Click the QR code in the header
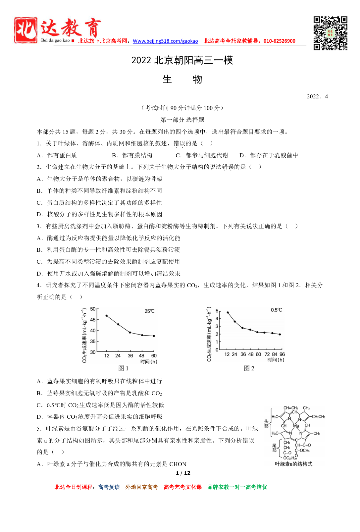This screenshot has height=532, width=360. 330,33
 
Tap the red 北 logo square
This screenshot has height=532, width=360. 26,30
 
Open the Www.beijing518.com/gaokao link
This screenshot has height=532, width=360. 165,41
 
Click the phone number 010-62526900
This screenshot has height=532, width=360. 279,41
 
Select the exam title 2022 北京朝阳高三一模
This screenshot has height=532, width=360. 182,60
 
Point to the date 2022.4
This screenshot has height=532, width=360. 317,96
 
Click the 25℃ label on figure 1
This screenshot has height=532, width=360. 149,311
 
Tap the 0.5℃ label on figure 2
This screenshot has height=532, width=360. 276,310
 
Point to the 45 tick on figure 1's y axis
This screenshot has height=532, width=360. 93,320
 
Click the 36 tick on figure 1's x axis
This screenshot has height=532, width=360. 130,355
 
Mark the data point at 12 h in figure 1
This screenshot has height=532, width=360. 106,316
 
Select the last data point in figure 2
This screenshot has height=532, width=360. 280,335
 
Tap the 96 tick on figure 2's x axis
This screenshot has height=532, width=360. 282,354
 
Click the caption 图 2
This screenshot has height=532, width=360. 249,368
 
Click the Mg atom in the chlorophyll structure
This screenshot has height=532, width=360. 296,426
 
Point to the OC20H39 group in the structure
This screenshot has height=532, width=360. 290,458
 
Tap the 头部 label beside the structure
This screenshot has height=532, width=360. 266,424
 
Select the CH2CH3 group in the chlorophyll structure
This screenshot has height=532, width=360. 318,417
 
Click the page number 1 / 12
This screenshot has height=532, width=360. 183,473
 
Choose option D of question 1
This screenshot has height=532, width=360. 269,155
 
